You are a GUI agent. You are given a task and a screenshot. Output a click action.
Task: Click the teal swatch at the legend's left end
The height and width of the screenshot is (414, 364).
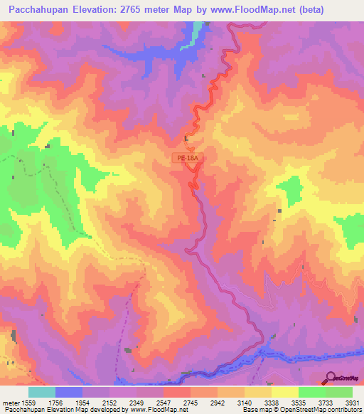pos(42,392)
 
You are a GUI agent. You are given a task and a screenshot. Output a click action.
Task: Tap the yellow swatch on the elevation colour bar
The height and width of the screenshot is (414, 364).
pos(284,392)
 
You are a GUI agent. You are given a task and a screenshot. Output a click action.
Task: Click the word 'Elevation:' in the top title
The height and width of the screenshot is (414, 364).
pos(107,10)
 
